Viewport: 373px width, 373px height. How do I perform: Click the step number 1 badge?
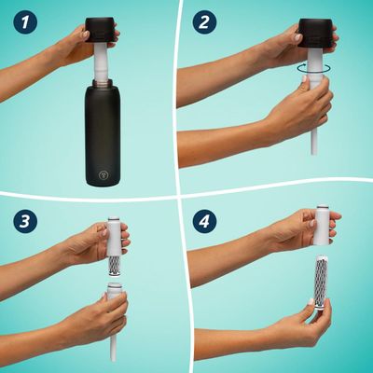pos(25,21)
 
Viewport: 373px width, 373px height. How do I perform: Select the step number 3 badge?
pos(25,221)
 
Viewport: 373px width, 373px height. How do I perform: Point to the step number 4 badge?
pos(204,221)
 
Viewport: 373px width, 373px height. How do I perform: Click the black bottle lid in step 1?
pos(102,31)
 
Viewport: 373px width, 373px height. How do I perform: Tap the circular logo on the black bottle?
pos(103,175)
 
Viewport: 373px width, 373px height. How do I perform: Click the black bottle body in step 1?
pos(103,133)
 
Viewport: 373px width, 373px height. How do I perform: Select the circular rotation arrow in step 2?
pos(314,68)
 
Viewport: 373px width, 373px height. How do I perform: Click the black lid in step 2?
pos(315,33)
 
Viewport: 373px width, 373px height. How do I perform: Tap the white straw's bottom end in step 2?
pos(314,152)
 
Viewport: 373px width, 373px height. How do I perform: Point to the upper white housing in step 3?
pos(114,236)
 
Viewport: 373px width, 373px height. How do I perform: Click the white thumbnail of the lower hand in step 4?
pos(311,302)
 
